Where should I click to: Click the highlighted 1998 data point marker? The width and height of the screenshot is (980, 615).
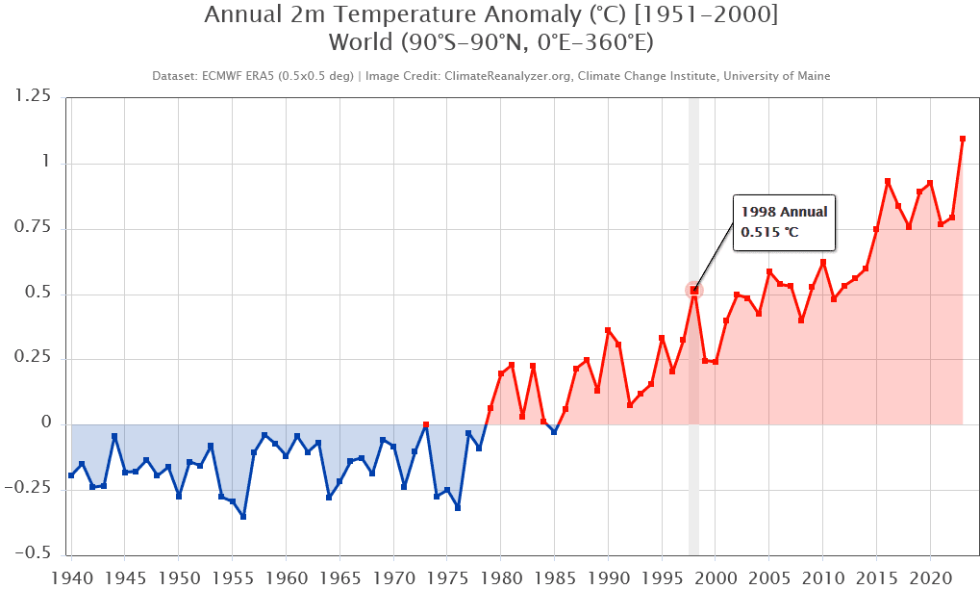693,290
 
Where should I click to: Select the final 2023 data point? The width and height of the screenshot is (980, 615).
962,139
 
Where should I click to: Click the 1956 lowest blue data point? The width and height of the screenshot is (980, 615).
243,517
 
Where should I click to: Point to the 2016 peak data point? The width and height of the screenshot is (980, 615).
887,181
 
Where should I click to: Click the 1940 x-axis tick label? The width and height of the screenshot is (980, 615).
71,580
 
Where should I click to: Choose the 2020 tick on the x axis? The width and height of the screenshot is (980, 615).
930,580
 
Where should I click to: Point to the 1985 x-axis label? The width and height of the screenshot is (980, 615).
554,580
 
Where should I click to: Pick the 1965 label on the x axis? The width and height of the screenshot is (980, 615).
339,580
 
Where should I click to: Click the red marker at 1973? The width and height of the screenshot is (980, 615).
425,424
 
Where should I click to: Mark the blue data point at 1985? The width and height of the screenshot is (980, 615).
554,432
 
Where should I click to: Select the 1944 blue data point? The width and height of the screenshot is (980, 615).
114,436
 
